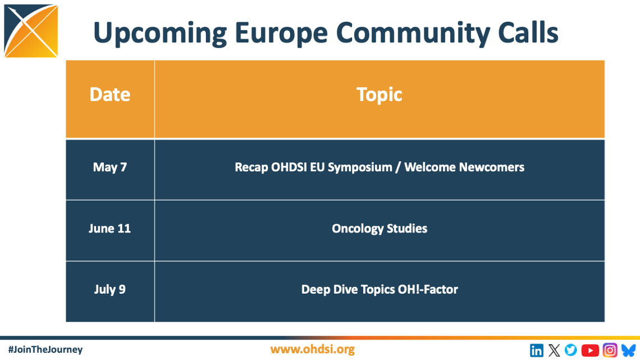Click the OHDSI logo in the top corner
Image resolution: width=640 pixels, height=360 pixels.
coord(31,31)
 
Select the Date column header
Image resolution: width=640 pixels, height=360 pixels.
coord(110,94)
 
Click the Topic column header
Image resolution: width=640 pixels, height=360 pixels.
coord(380,94)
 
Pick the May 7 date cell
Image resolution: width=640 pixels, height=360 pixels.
coord(110,167)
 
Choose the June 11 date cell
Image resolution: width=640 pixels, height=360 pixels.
coord(110,229)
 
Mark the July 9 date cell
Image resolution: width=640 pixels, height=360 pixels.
coord(110,290)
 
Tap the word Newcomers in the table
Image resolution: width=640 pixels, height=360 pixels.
coord(492,167)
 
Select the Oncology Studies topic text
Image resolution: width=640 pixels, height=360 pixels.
coord(380,229)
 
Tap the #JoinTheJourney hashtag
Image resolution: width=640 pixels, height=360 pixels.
coord(45,349)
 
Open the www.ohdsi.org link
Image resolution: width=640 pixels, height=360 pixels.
coord(313,349)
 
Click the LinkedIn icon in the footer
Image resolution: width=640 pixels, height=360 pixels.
coord(537,350)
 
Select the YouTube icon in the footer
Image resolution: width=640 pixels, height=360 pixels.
coord(590,350)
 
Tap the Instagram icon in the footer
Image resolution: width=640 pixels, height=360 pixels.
coord(610,350)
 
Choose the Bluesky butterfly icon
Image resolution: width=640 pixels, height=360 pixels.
coord(628,350)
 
